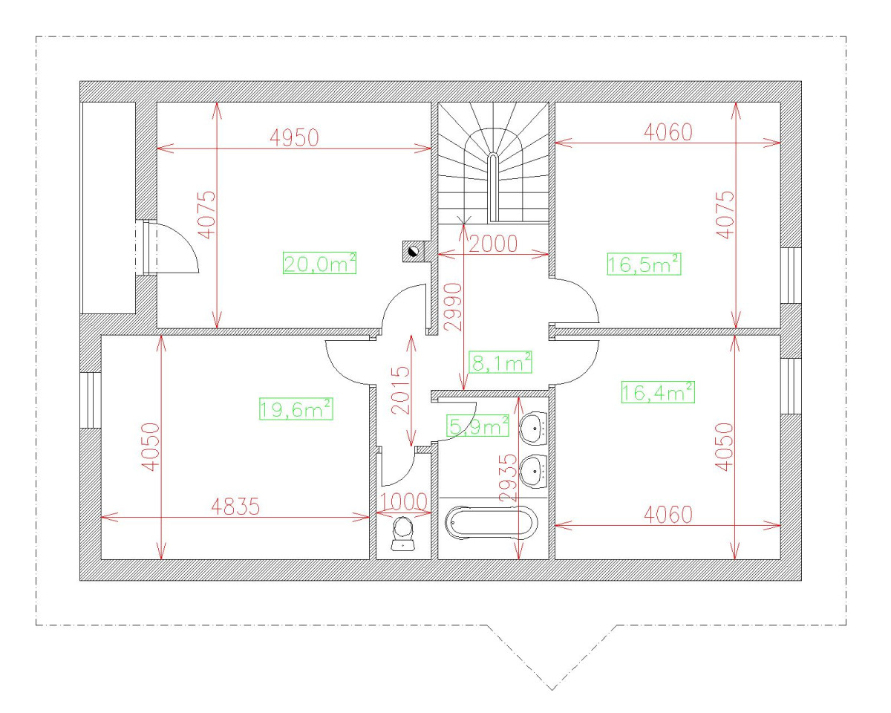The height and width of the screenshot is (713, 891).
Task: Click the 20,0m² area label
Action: [319, 263]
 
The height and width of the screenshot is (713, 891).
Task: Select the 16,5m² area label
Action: [644, 264]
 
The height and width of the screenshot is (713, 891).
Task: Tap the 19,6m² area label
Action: [296, 409]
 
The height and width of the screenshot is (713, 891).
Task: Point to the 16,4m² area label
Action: [659, 392]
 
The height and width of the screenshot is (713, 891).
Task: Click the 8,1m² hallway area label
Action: [500, 362]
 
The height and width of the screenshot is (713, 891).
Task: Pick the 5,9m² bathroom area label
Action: [477, 426]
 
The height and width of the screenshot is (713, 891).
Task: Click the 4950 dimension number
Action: [294, 138]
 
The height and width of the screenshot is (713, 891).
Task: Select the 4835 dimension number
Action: [235, 507]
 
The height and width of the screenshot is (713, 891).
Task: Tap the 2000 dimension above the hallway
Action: [493, 244]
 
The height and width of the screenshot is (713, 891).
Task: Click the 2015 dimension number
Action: [400, 390]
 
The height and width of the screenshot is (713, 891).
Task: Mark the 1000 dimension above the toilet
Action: [403, 502]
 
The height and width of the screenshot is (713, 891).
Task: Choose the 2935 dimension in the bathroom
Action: [509, 478]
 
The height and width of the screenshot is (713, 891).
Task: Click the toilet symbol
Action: [403, 534]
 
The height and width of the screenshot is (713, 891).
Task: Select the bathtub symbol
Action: [492, 522]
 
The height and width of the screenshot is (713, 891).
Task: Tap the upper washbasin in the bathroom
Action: [534, 429]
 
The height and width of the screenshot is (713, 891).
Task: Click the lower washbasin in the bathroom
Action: [534, 472]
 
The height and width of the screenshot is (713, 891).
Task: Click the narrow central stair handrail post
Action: [493, 188]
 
